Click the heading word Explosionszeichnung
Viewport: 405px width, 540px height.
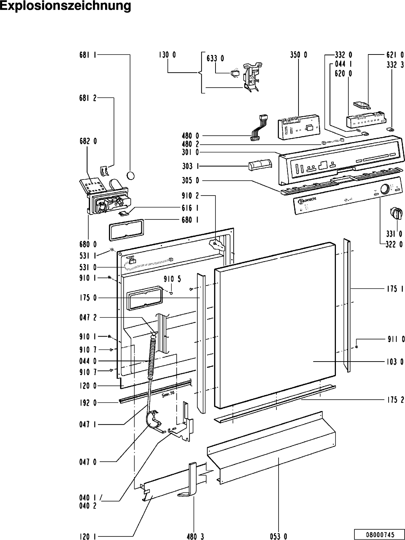tap(66, 6)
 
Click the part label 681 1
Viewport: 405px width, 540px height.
tap(88, 55)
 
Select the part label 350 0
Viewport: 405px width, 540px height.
tap(298, 55)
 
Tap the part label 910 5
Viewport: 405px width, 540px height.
tap(172, 279)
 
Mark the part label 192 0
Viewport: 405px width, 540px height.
tap(88, 403)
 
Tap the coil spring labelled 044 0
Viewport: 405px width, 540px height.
tap(152, 358)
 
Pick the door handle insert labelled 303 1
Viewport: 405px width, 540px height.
tap(259, 165)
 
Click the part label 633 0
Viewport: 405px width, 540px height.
tap(215, 58)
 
